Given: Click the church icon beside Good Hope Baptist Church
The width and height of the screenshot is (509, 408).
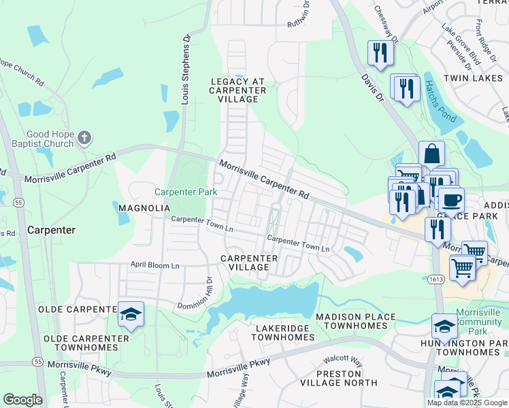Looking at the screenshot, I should tap(84, 138).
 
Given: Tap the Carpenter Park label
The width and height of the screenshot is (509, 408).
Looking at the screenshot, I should tap(186, 192).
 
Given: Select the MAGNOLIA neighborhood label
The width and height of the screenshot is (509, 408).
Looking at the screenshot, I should tap(144, 207).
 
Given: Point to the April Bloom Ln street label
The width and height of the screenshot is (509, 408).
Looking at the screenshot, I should tap(155, 265).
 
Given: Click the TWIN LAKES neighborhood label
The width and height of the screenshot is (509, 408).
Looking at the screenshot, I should tap(472, 79).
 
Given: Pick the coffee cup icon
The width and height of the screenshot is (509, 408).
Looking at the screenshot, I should tap(450, 199).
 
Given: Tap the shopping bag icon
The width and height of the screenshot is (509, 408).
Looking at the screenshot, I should tap(431, 154).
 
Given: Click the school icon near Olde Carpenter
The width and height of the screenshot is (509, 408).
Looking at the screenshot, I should tap(131, 313).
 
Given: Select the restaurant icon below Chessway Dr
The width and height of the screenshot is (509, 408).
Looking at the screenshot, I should tap(380, 52).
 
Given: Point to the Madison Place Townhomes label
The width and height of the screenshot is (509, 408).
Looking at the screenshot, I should tap(355, 322).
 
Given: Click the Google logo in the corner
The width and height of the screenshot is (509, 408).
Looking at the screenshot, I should tap(22, 400).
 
